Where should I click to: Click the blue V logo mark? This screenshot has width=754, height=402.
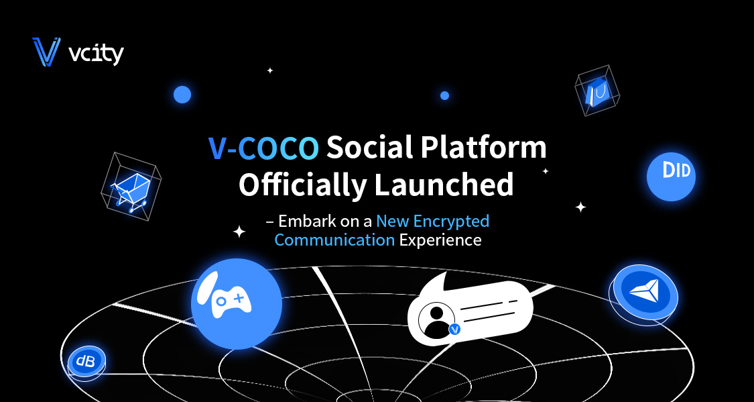pos(46,52)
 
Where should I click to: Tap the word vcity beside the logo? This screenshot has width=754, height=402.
pos(96,54)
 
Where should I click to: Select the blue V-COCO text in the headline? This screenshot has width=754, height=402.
pos(263,148)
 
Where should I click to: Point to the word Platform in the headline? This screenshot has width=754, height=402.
pos(484,148)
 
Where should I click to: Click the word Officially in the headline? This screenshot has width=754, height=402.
pos(302,185)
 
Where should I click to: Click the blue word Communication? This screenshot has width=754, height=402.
pos(334,240)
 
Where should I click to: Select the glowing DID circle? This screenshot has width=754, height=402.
pos(671,177)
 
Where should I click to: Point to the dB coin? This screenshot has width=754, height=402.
pos(86,362)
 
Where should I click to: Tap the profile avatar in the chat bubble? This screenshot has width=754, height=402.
pos(436,320)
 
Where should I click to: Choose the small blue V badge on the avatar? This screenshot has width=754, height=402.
pos(454,330)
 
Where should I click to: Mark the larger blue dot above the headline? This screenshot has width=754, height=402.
pos(182,95)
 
